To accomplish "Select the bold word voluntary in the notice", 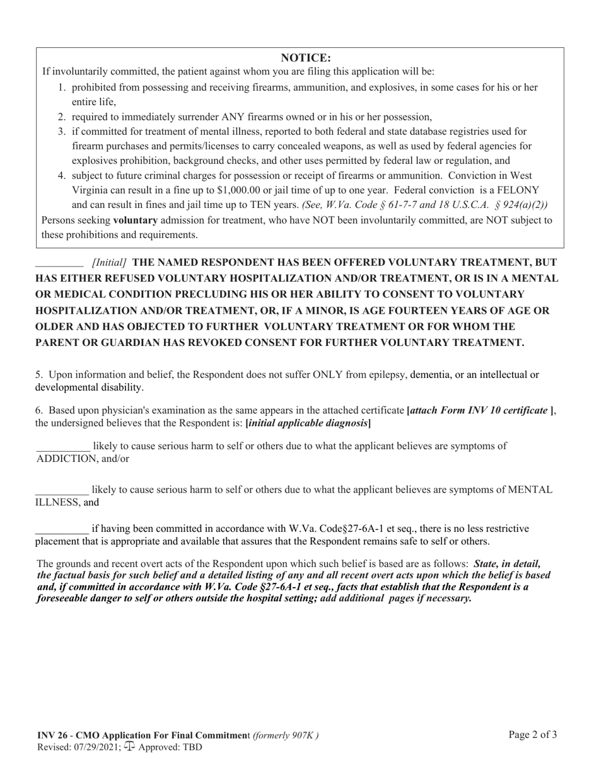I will [135, 220].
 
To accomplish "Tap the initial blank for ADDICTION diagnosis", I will [63, 447].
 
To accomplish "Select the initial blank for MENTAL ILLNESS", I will [62, 490].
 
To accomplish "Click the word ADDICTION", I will [66, 459].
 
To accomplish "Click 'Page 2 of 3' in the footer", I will [533, 734].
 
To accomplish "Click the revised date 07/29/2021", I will [95, 747].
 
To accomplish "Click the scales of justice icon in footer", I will [129, 747].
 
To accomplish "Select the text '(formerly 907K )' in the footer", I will [286, 735].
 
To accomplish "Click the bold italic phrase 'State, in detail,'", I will [507, 564].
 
